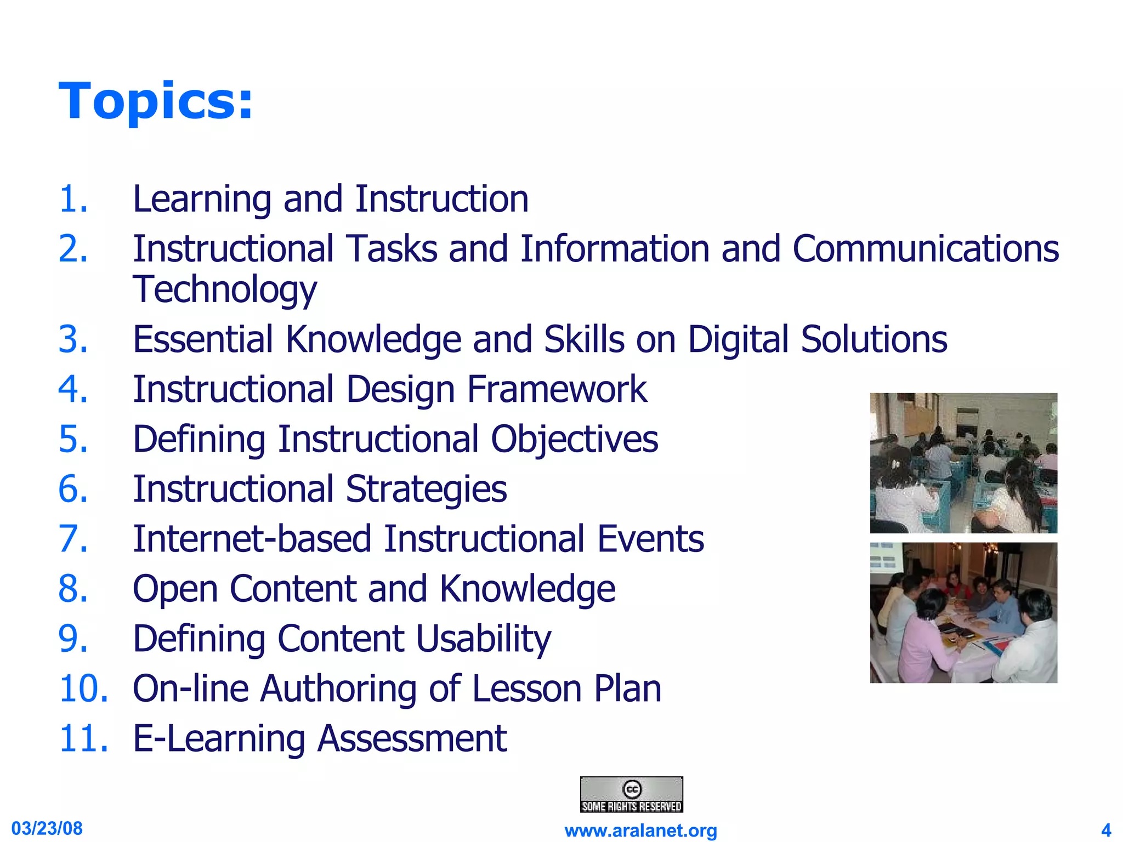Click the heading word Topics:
coord(156,101)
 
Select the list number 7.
coord(73,539)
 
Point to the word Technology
coord(225,289)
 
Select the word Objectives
coord(574,440)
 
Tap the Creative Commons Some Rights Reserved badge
coord(631,794)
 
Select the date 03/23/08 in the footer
coord(47,828)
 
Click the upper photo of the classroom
coord(963,463)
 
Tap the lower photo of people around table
coord(963,613)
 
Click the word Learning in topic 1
coord(202,199)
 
